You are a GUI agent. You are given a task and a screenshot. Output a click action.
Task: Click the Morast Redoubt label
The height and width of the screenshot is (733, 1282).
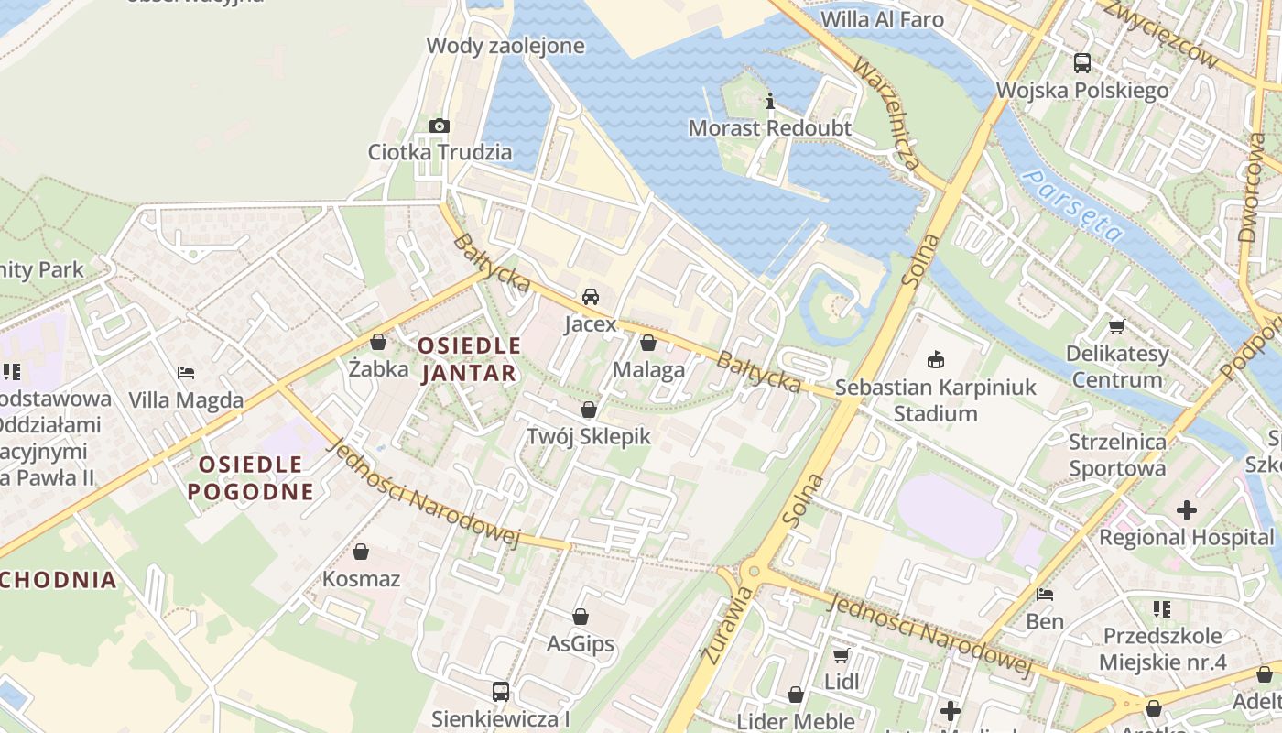769,127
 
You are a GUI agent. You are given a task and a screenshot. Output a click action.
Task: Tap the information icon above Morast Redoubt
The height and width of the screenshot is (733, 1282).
770,101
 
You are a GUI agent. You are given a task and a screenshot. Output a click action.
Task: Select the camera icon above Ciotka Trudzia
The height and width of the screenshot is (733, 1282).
440,126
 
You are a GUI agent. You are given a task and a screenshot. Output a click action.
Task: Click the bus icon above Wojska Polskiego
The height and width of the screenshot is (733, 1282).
1082,63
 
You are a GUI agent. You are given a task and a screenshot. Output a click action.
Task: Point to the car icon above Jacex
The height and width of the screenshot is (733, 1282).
591,297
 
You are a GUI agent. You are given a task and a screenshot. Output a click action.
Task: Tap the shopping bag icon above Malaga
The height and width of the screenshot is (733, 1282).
648,344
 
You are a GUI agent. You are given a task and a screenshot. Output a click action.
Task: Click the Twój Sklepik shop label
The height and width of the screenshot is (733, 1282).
589,436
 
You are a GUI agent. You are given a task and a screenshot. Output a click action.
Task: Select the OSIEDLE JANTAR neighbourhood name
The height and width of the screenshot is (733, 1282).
469,359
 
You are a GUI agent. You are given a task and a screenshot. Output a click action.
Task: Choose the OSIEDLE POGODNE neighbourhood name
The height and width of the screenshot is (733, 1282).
250,477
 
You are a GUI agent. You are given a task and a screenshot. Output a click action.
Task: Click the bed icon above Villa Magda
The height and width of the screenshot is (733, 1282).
186,373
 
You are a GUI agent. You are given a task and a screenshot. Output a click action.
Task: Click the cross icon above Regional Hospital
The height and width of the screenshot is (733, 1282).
1187,509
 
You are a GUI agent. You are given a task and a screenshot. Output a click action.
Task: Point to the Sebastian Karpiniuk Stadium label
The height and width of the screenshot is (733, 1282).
936,399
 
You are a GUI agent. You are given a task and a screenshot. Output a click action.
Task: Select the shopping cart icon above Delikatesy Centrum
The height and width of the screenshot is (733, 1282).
1116,326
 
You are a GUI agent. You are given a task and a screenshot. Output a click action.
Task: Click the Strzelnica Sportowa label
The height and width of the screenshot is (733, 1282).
1117,454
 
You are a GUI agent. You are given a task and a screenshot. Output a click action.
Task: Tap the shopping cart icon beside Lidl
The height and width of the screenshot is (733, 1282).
841,655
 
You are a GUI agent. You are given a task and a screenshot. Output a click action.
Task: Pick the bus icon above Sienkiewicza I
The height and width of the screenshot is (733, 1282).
500,691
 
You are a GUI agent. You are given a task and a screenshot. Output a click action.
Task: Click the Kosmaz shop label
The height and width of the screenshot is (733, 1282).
361,579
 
